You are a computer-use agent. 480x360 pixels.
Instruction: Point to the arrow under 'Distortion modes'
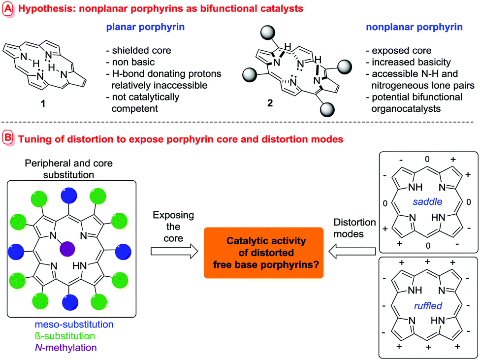(x=349, y=252)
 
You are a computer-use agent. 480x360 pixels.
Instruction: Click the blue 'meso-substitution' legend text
(x=74, y=325)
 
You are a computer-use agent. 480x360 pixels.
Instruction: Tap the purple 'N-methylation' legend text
(x=65, y=347)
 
